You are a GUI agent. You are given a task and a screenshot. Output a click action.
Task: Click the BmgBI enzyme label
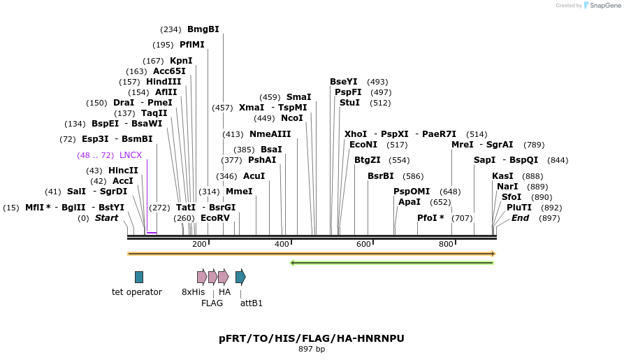[203, 29]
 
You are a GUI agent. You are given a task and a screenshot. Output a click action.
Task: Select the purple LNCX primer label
[131, 155]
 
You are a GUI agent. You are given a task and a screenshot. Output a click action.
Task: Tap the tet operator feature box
[139, 277]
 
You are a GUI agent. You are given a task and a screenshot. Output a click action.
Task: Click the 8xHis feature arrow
[201, 277]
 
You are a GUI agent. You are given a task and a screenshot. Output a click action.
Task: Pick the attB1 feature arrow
[240, 277]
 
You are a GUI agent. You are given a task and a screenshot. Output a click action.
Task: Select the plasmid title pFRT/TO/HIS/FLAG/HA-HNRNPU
[312, 338]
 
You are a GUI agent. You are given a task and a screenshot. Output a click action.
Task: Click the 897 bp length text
[312, 349]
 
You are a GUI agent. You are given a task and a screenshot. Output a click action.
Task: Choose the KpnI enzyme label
[181, 61]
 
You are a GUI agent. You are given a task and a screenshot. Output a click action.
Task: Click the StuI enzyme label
[349, 103]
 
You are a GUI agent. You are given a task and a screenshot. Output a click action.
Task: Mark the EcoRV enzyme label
[215, 218]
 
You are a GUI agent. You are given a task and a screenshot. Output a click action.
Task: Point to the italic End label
[521, 218]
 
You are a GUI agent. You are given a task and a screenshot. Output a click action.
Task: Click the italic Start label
[106, 218]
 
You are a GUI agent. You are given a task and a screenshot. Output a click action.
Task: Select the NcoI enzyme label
[292, 118]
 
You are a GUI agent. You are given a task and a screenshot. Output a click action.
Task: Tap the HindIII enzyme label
[164, 82]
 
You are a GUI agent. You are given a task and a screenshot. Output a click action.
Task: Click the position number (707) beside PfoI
[462, 218]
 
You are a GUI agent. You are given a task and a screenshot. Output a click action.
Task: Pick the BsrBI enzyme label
[381, 176]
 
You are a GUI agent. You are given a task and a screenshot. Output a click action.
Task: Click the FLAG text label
[212, 303]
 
